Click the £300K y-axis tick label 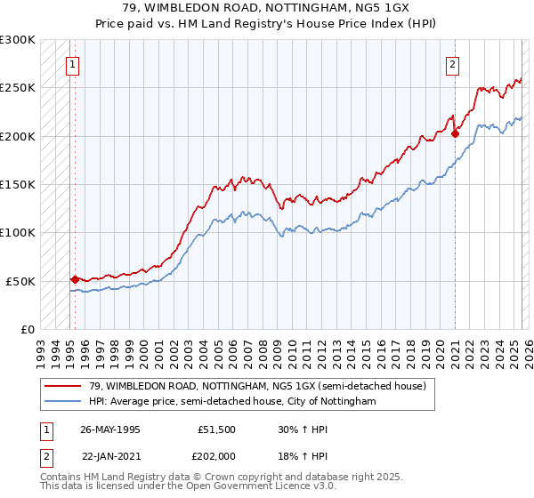point(19,40)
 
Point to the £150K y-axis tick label point(19,185)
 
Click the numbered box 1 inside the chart point(71,64)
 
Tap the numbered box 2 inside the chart point(452,64)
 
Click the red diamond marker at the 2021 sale point(455,134)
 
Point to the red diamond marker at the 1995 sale point(75,279)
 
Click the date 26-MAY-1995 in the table point(109,429)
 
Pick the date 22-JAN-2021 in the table point(110,455)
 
